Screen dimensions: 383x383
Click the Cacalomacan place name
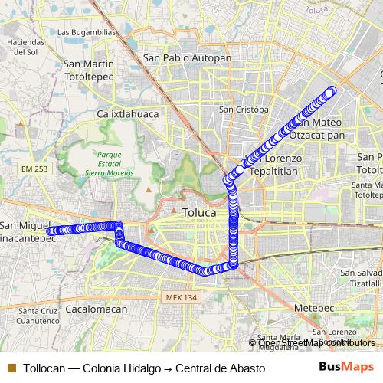click(x=97, y=309)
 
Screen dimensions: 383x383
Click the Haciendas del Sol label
click(x=21, y=47)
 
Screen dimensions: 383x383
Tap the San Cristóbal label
click(x=244, y=109)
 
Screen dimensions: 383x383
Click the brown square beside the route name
click(x=10, y=368)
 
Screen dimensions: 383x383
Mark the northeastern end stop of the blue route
click(x=331, y=91)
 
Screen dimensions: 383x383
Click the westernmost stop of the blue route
click(x=50, y=230)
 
